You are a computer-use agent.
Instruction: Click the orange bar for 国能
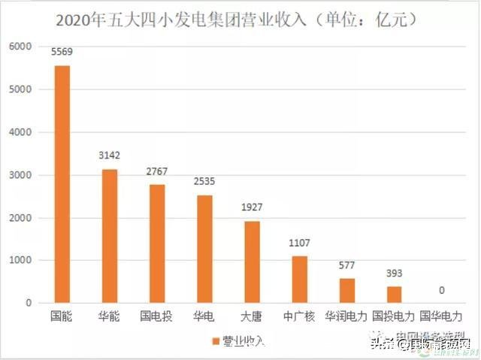click(x=62, y=184)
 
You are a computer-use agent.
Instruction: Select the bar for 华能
click(x=110, y=236)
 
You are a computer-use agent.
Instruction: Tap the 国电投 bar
click(x=158, y=244)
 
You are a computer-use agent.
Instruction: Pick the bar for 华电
click(x=204, y=249)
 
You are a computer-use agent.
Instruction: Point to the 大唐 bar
click(x=252, y=262)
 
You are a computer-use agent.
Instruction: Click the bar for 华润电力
click(x=346, y=290)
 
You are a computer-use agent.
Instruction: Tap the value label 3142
click(x=110, y=156)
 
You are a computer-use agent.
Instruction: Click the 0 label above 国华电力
click(x=441, y=290)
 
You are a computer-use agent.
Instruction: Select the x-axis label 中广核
click(x=299, y=316)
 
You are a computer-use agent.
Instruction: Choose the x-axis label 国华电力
click(x=441, y=316)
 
